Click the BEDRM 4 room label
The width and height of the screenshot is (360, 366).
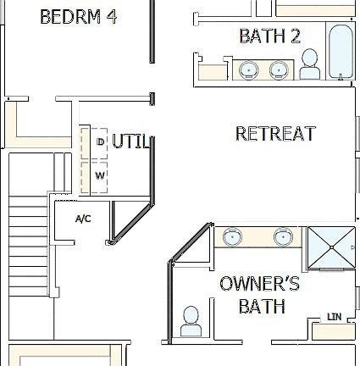tap(78, 17)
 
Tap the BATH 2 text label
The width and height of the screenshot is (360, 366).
tap(269, 36)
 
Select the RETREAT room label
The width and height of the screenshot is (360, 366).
tap(275, 133)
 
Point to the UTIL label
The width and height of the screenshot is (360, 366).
tap(130, 141)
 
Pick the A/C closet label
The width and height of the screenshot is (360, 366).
tap(83, 219)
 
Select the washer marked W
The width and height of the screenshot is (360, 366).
tap(100, 176)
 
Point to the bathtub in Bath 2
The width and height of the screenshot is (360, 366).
tap(341, 53)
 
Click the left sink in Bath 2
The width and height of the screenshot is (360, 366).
tap(248, 70)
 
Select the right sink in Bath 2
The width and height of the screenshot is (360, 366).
tap(280, 70)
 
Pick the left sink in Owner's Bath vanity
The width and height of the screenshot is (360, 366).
tap(230, 238)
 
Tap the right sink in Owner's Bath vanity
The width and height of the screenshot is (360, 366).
tap(283, 238)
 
